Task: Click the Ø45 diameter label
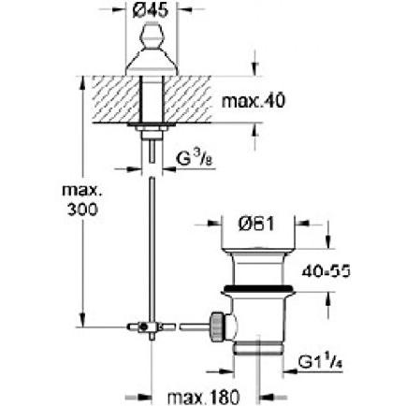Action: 151,10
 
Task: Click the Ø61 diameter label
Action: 254,225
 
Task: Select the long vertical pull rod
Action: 150,243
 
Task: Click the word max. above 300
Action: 80,190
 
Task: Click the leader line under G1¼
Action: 299,370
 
